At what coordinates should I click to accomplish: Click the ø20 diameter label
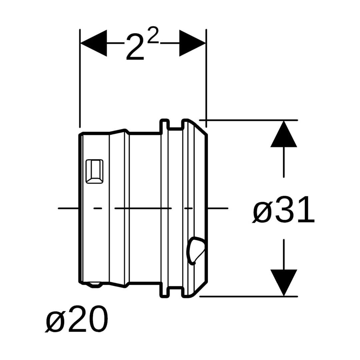click(77, 319)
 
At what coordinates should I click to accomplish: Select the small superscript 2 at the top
click(153, 35)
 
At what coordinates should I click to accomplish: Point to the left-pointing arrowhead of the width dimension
click(93, 43)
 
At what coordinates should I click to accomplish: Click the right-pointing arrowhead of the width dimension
click(193, 43)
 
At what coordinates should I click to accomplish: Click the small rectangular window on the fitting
click(94, 172)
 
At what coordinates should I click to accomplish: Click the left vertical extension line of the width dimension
click(80, 78)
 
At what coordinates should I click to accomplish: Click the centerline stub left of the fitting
click(68, 208)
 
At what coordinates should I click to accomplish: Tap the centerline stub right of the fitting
click(218, 208)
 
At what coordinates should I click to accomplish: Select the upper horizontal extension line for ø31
click(248, 120)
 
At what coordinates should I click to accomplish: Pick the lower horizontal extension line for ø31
click(248, 296)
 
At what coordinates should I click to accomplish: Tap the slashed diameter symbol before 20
click(55, 321)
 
